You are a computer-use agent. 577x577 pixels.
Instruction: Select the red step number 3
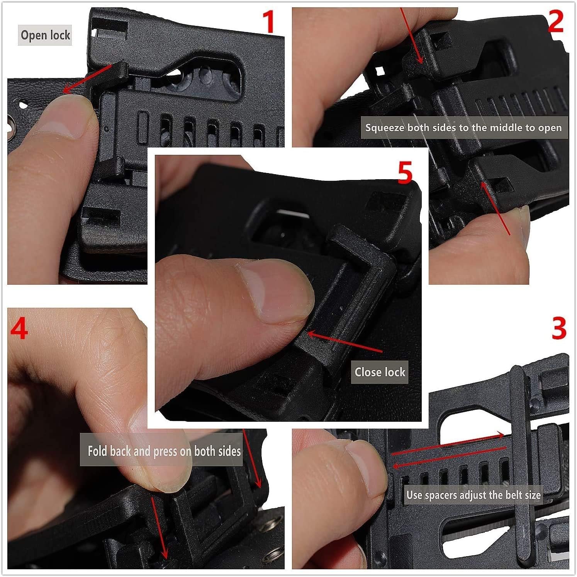(558, 329)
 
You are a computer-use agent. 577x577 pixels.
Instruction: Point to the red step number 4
(19, 329)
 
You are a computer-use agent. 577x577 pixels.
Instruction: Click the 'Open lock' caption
(45, 35)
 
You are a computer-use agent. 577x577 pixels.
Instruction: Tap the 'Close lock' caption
(380, 372)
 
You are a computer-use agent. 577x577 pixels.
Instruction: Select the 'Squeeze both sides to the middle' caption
(463, 128)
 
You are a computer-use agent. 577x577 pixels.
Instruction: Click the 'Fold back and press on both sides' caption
(164, 451)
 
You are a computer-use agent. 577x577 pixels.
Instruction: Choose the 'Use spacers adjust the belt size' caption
(473, 495)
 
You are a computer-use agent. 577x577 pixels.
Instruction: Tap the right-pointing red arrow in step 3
(448, 444)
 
